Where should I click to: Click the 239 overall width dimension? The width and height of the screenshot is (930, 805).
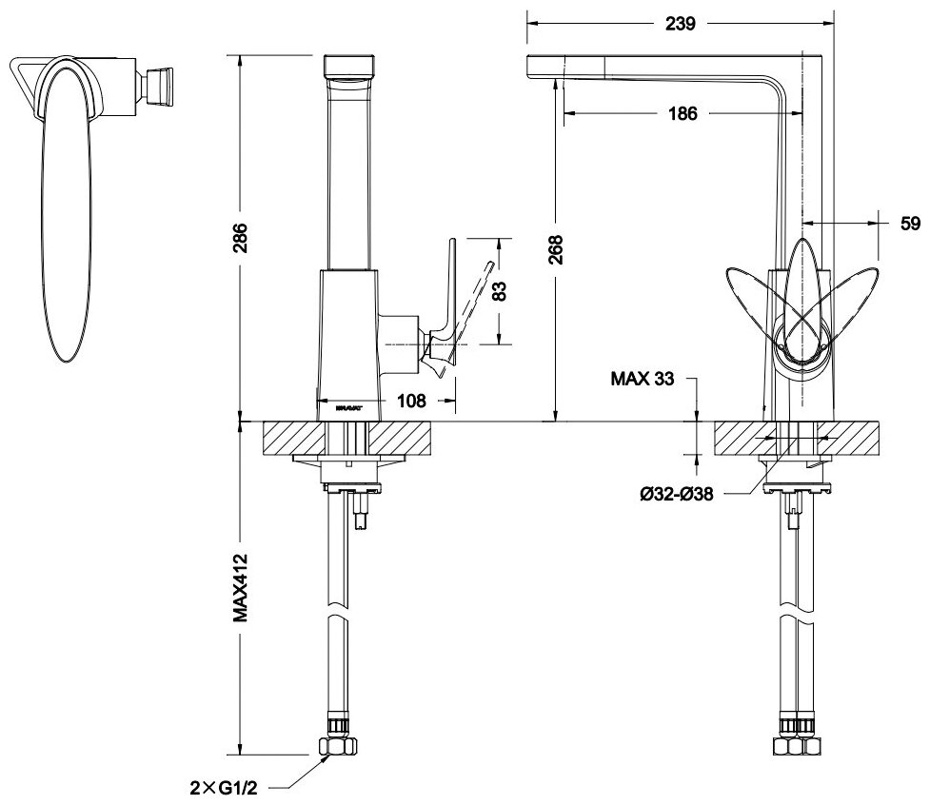(x=679, y=23)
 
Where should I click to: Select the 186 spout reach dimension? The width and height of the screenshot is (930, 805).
(x=682, y=113)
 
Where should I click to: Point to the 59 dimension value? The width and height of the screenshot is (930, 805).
(x=910, y=225)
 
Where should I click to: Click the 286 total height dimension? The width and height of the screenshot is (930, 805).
(x=241, y=237)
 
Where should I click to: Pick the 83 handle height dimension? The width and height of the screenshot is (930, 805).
(x=497, y=289)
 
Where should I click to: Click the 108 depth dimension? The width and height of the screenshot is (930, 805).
(x=411, y=402)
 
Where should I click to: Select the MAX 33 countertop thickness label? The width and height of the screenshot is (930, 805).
(x=643, y=379)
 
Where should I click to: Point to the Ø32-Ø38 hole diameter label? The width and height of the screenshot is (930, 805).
(x=677, y=493)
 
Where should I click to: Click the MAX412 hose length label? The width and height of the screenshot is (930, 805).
(x=241, y=587)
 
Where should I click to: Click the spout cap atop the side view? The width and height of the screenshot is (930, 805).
(x=349, y=65)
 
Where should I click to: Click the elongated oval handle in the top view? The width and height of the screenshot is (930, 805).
(x=66, y=209)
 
